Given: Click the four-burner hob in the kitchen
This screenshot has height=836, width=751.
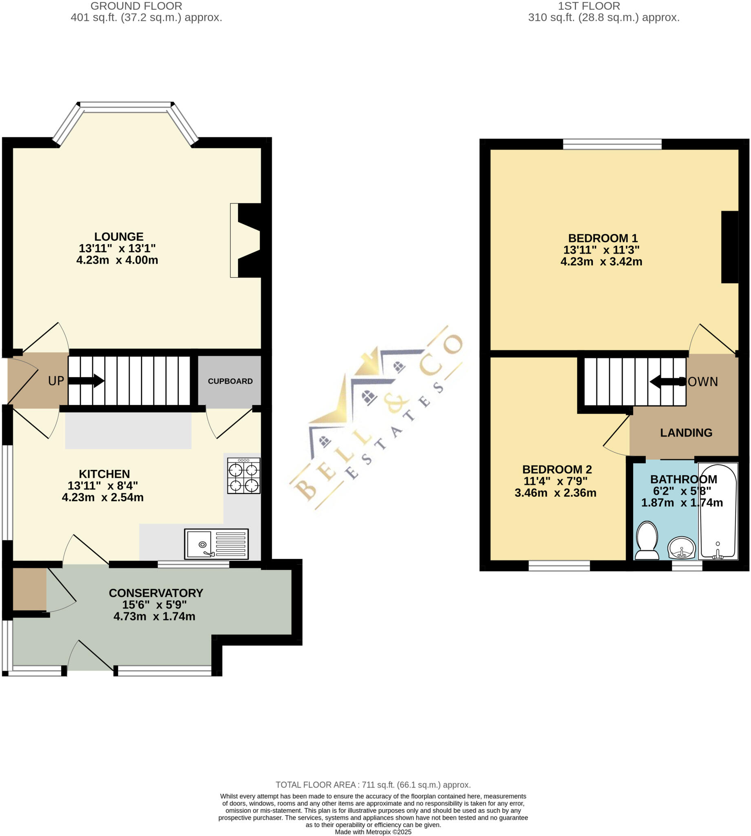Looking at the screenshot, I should pyautogui.click(x=243, y=476).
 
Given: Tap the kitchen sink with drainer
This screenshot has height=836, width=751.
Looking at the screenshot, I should pyautogui.click(x=216, y=545).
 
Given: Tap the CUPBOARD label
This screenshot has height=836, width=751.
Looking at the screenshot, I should pyautogui.click(x=230, y=381).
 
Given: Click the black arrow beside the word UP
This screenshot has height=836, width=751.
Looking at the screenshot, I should pyautogui.click(x=86, y=380).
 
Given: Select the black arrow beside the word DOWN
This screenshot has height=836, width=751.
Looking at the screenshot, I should pyautogui.click(x=664, y=382).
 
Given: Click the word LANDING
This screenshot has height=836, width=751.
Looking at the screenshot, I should pyautogui.click(x=686, y=433).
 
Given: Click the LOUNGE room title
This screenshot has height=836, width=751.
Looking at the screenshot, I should pyautogui.click(x=119, y=237).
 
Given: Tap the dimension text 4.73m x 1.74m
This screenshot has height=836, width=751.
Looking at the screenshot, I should pyautogui.click(x=155, y=616).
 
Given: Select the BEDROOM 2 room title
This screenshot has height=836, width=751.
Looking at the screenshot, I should pyautogui.click(x=557, y=469).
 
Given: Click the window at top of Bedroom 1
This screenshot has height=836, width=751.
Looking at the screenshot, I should pyautogui.click(x=612, y=144).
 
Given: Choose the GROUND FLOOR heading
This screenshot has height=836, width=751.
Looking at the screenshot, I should pyautogui.click(x=136, y=6).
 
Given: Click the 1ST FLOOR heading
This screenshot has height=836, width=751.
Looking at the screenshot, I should pyautogui.click(x=589, y=6).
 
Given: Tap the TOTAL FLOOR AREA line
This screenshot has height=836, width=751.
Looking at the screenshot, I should pyautogui.click(x=373, y=785).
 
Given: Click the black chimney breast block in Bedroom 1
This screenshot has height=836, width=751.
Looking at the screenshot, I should pyautogui.click(x=729, y=247).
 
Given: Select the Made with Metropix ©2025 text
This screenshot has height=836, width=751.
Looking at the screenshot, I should pyautogui.click(x=373, y=832).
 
